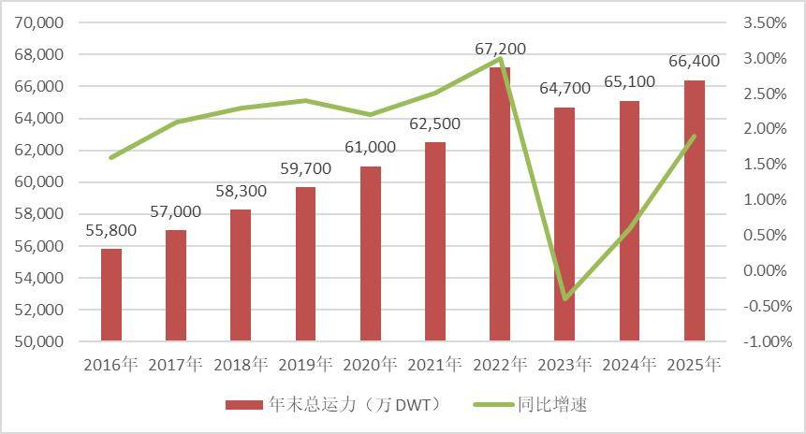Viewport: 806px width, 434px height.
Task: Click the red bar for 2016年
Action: tap(111, 295)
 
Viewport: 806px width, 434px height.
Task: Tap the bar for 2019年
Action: tap(306, 264)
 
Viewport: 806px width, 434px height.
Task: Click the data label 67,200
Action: tap(500, 48)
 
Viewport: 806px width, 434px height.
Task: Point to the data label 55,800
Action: tap(111, 230)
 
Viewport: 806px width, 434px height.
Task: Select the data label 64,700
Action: tap(564, 89)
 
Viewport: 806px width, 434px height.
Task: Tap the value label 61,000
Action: tap(371, 147)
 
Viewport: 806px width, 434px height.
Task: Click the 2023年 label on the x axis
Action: tap(564, 365)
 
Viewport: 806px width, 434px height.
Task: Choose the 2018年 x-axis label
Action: tap(241, 365)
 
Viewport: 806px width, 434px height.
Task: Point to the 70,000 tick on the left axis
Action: tap(39, 22)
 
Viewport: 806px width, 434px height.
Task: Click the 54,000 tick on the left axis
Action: tap(39, 278)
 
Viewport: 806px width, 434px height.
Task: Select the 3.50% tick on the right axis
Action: tap(765, 22)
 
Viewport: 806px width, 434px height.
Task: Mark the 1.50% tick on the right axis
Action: tap(765, 165)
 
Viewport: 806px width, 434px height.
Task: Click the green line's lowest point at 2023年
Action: tap(564, 299)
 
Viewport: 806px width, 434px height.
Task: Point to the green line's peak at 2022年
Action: tap(500, 59)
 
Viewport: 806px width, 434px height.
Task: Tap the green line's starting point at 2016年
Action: tap(111, 157)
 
